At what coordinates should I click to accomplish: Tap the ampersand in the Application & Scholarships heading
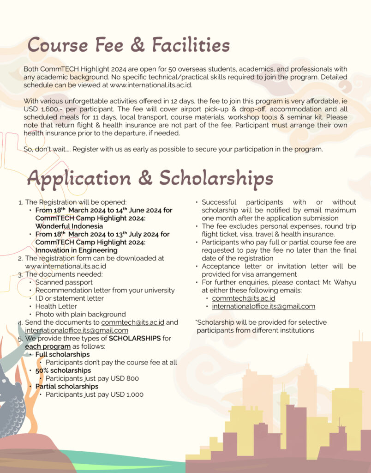(145, 178)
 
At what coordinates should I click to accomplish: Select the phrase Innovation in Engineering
(76, 250)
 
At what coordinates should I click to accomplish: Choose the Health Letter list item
(56, 306)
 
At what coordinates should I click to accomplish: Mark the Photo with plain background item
(80, 314)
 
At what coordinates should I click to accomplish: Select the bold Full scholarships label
(62, 354)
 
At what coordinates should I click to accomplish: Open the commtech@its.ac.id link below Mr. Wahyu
(244, 298)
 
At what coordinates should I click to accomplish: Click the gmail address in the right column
(263, 306)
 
